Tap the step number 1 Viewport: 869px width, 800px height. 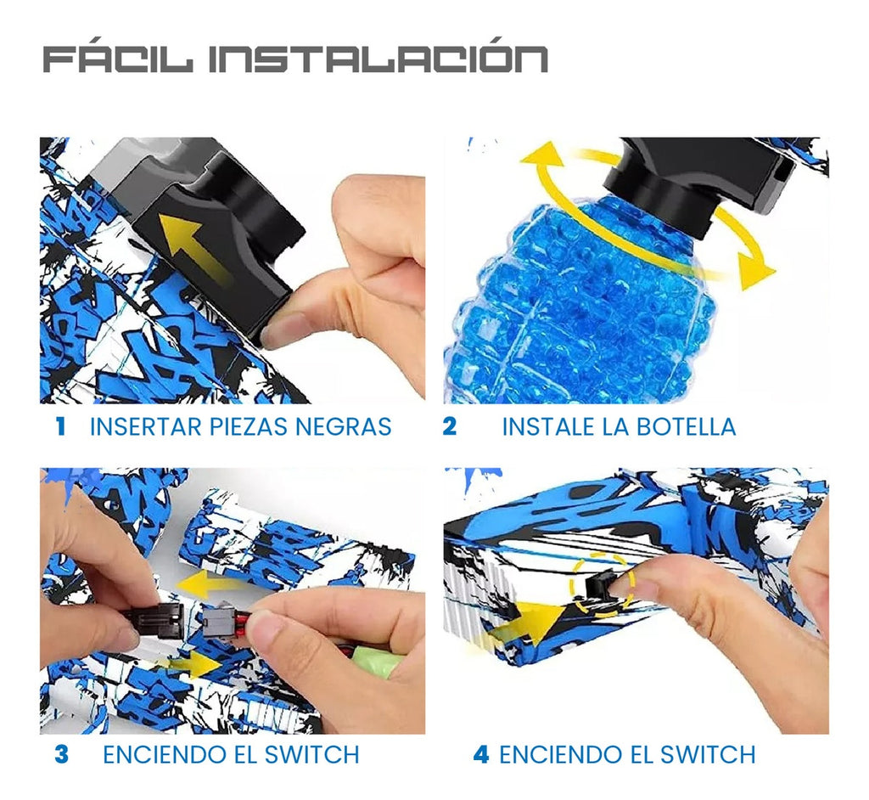59,426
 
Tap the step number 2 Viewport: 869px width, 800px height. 449,426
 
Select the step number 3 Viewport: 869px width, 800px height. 61,754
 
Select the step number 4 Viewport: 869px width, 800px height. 481,754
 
